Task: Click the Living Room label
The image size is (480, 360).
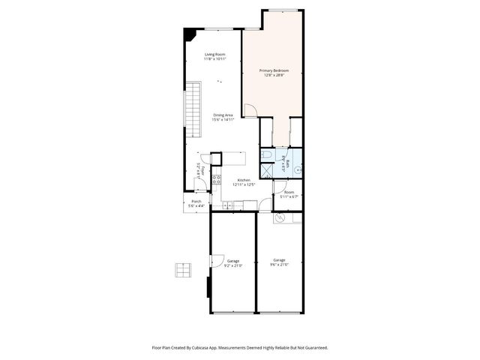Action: pyautogui.click(x=215, y=54)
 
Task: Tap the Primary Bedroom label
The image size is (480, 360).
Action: pyautogui.click(x=276, y=70)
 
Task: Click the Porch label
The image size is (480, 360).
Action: pyautogui.click(x=196, y=202)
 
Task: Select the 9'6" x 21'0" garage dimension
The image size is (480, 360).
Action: pyautogui.click(x=279, y=264)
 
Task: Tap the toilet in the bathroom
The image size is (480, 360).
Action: pyautogui.click(x=267, y=155)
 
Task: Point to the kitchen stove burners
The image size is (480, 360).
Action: pyautogui.click(x=216, y=179)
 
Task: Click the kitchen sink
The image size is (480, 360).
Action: pyautogui.click(x=227, y=205)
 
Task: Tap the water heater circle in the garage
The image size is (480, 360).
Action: pyautogui.click(x=280, y=218)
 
